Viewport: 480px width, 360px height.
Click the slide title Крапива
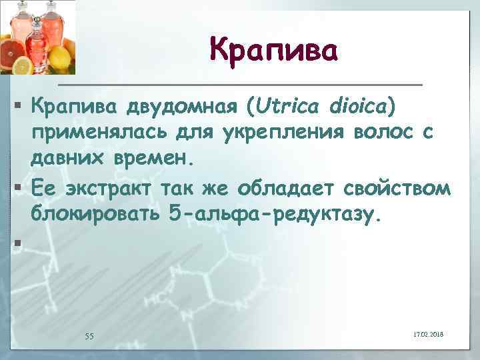click(274, 49)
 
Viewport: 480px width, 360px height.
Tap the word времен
click(153, 160)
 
